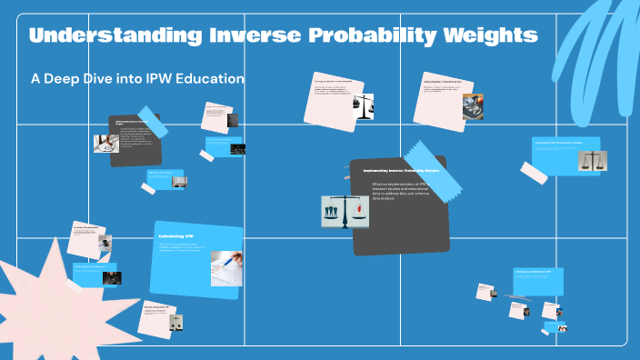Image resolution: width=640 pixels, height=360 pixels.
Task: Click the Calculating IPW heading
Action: (x=176, y=236)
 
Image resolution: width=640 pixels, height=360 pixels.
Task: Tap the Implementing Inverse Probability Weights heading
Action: (x=401, y=171)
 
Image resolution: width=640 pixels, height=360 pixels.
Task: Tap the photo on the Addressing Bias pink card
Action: (x=472, y=106)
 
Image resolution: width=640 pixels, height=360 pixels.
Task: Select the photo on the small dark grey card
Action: (x=105, y=143)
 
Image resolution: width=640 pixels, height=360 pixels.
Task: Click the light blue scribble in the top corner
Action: (x=600, y=45)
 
